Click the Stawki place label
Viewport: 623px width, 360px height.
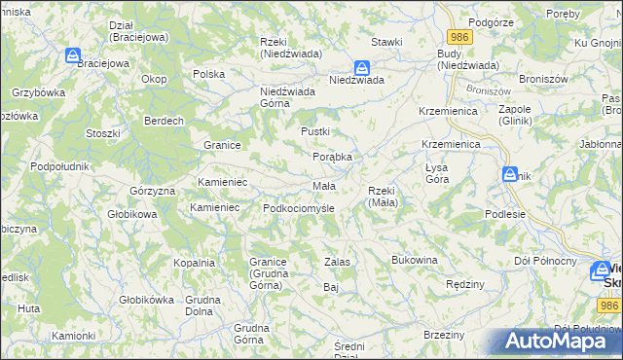point(386,43)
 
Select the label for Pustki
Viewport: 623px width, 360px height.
point(315,130)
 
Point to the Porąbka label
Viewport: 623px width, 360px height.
point(331,157)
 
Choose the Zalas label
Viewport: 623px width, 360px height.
point(337,263)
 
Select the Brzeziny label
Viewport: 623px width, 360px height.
point(444,335)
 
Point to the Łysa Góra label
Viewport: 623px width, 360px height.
point(436,174)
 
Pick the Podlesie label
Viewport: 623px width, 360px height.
point(505,214)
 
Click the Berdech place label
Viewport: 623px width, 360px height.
point(165,121)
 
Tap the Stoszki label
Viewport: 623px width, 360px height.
point(102,132)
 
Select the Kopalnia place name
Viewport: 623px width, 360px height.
point(194,263)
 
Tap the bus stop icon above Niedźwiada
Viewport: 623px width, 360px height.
point(361,68)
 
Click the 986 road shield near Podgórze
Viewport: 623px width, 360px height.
point(460,37)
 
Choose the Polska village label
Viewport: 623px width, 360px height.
point(209,74)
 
